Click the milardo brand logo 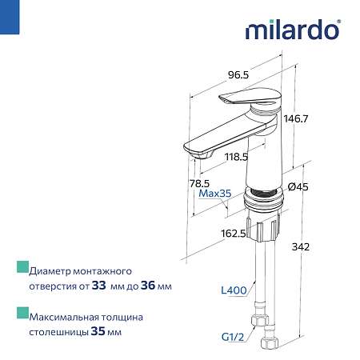[293, 30]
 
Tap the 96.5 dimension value [238, 75]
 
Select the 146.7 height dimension [296, 118]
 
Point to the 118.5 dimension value [236, 157]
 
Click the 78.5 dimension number [199, 183]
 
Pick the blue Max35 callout [215, 194]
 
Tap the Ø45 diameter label [298, 187]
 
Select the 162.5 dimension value [234, 234]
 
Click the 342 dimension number [301, 247]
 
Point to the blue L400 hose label [234, 290]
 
